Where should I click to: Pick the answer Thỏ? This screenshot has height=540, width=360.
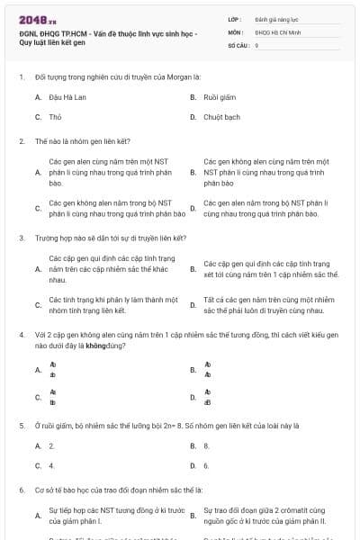[55, 117]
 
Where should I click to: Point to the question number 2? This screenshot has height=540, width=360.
[21, 141]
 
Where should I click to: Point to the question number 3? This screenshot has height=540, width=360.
[21, 238]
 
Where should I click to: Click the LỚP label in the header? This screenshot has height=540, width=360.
[234, 18]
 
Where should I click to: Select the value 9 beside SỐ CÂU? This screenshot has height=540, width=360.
[256, 44]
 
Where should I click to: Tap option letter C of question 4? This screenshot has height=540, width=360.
[38, 397]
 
